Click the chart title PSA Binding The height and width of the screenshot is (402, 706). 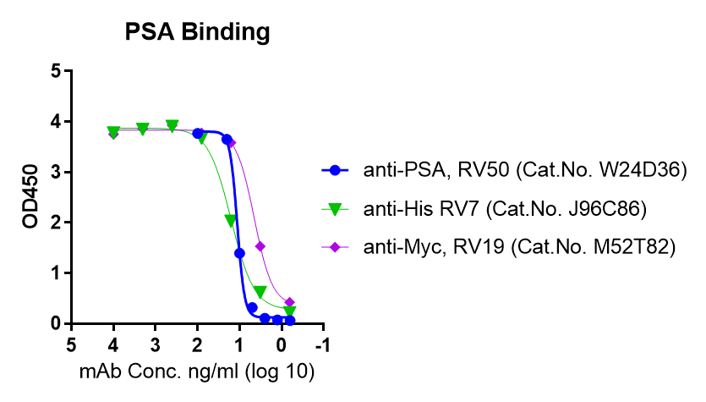198,32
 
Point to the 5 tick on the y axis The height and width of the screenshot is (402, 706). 55,71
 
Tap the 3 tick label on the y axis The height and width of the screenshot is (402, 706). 55,173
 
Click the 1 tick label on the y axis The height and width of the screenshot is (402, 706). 55,273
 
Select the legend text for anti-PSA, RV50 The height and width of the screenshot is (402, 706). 435,170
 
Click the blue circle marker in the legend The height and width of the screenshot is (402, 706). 336,170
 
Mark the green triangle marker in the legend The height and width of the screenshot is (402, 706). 336,208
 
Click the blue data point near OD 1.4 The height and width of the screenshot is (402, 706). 239,253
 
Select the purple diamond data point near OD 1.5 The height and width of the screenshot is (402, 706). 260,246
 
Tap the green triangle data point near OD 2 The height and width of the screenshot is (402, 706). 230,221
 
